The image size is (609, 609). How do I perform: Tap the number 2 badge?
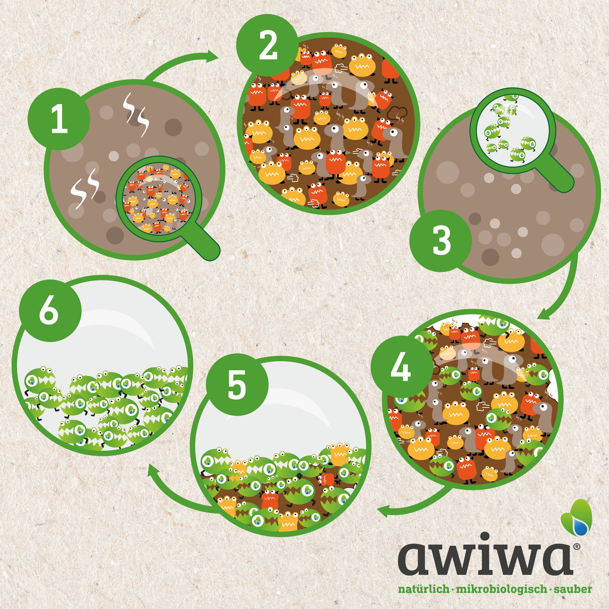tap(268, 46)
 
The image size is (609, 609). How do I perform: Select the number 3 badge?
tap(441, 241)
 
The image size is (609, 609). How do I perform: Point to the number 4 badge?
tap(402, 367)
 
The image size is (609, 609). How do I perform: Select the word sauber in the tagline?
tap(573, 589)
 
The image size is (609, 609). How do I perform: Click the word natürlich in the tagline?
tap(424, 589)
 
